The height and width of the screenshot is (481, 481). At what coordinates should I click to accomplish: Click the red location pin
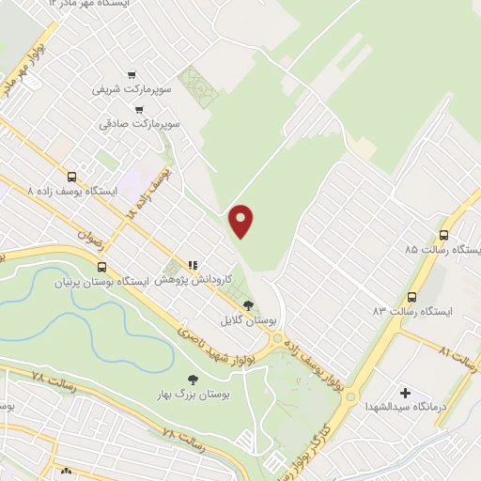tap(242, 220)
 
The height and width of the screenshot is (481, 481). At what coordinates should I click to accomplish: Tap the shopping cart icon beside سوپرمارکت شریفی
tap(132, 74)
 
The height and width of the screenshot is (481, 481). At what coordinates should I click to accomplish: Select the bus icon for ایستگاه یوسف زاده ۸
tap(72, 176)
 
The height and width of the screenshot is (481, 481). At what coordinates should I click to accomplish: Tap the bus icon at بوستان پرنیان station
tap(102, 266)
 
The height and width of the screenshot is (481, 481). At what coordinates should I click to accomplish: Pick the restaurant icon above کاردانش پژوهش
tap(193, 266)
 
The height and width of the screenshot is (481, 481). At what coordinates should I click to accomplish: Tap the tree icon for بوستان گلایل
tap(248, 305)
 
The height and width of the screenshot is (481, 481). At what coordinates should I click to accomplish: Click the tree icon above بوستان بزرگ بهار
tap(193, 380)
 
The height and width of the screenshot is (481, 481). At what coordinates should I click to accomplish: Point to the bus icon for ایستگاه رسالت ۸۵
tap(443, 236)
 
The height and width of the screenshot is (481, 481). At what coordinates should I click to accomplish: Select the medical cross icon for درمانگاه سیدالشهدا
tap(405, 392)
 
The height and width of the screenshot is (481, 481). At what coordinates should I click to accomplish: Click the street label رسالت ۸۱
tap(459, 356)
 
